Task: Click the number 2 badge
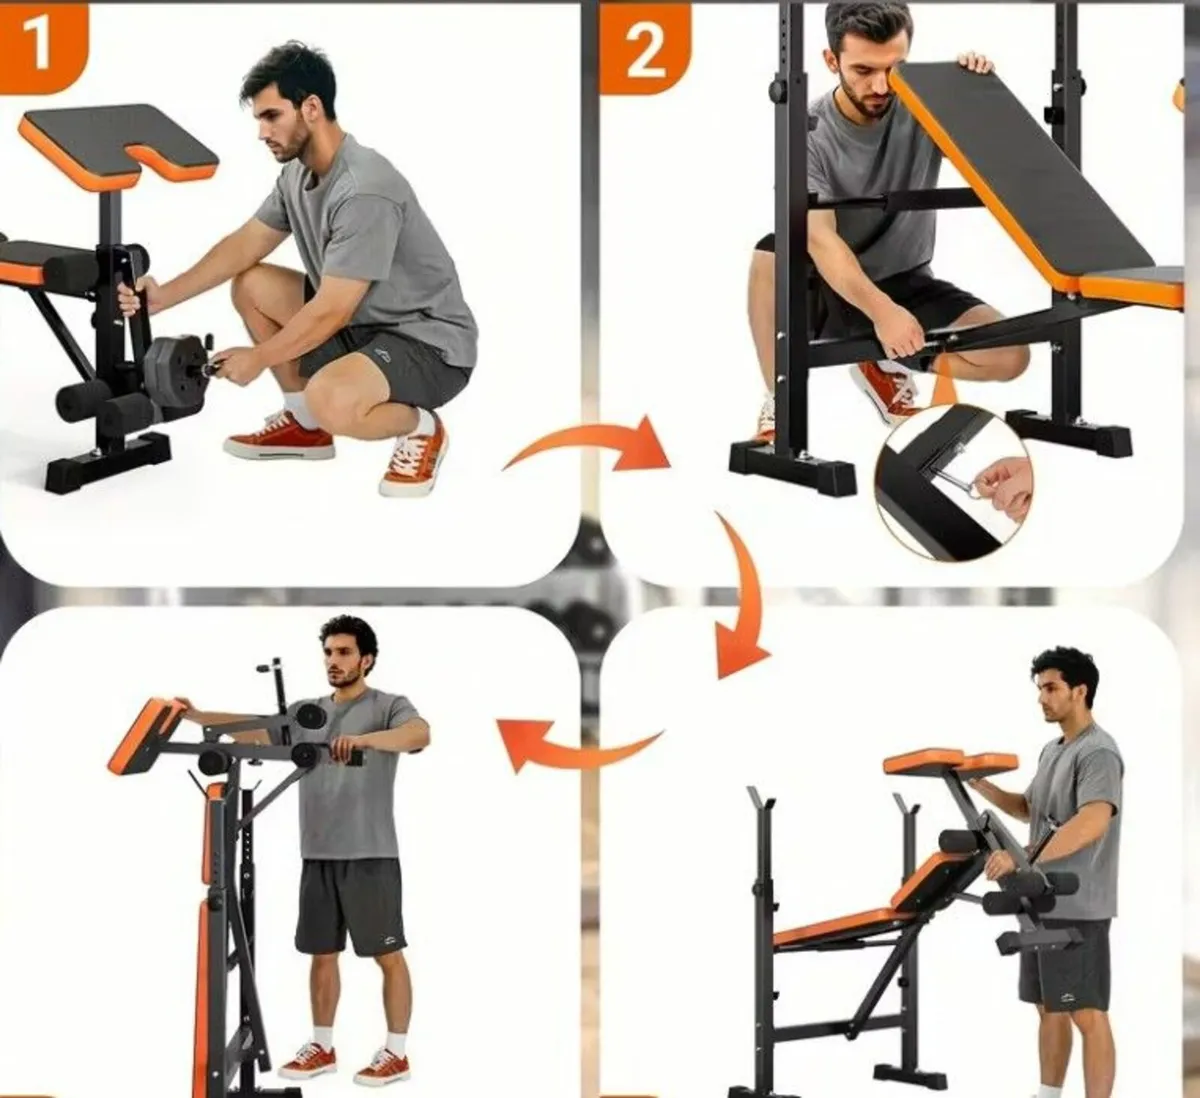pos(644,49)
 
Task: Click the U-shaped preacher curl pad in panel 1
pos(118,144)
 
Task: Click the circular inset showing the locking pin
pos(954,483)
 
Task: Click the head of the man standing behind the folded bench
pos(350,652)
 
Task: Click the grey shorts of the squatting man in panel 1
pos(383,365)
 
